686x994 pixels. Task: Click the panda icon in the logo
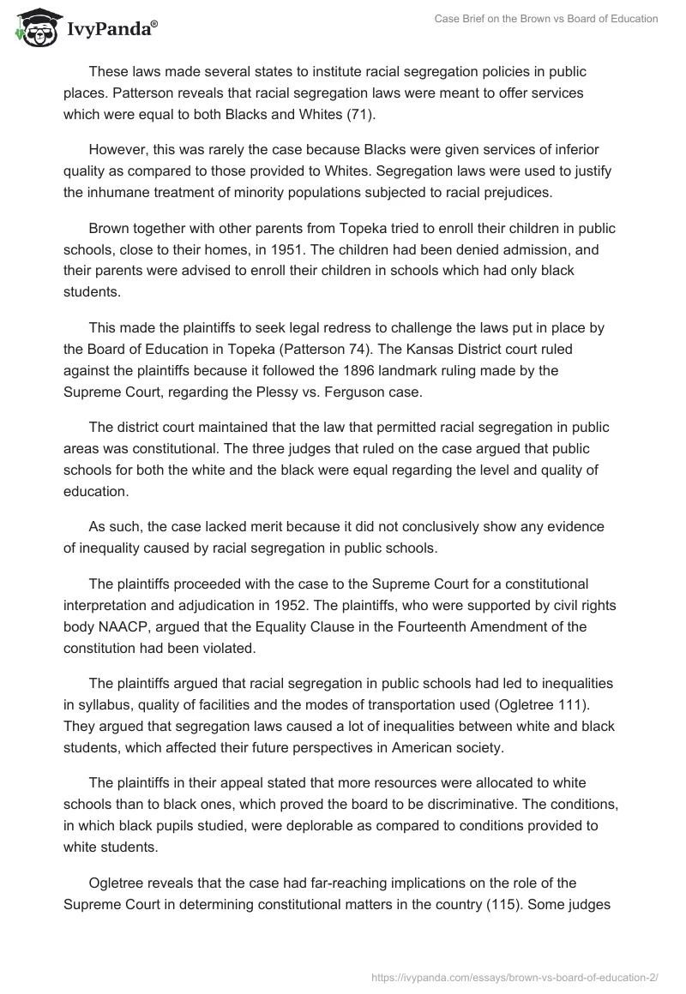coord(34,29)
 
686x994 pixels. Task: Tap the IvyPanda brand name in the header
coord(111,30)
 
